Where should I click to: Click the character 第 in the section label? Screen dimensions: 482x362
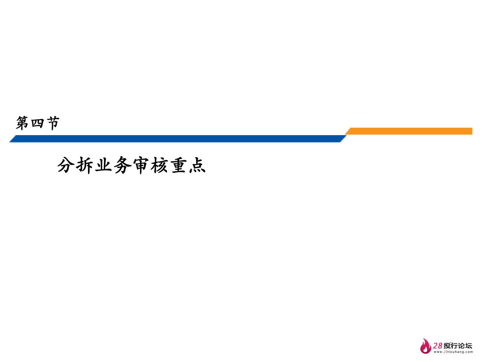tap(22, 123)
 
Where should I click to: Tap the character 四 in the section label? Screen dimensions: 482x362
tap(38, 123)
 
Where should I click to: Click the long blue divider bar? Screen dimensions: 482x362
tap(177, 139)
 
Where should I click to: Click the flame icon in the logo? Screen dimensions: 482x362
tap(425, 347)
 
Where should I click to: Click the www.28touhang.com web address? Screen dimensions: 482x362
tap(453, 352)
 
